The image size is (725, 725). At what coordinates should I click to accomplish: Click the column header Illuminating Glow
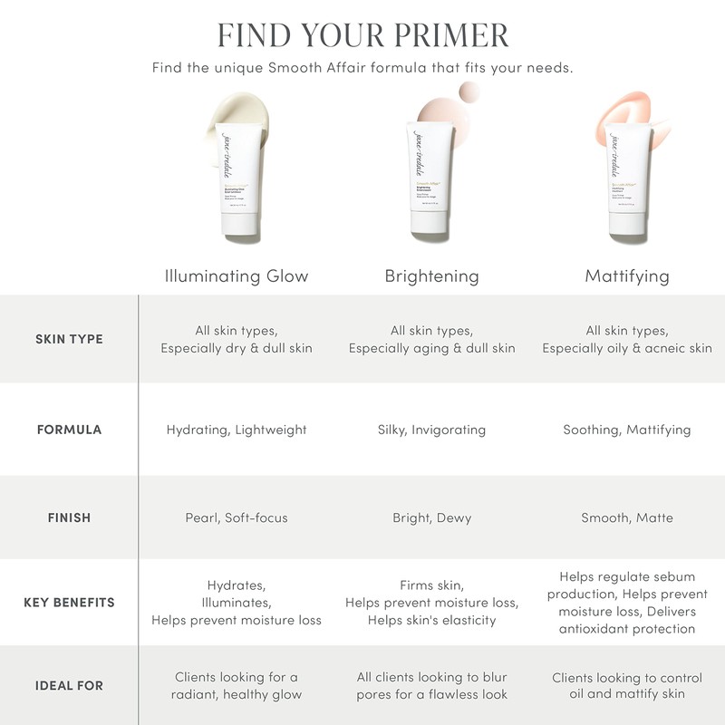(237, 275)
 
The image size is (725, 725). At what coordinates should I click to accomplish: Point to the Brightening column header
(431, 275)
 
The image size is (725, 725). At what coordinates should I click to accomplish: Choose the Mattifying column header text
(627, 275)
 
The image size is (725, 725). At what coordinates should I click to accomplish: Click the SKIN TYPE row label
(69, 339)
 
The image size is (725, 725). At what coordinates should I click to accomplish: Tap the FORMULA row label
(69, 430)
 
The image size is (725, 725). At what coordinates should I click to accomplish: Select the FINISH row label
(69, 517)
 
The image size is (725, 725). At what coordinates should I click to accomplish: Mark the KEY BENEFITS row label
(69, 603)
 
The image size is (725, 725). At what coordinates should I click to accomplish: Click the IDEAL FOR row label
(69, 685)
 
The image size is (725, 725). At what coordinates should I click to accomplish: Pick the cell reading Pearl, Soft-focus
(237, 517)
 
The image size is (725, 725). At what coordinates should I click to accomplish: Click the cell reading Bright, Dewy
(431, 517)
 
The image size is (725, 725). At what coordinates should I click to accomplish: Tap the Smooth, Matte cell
(627, 517)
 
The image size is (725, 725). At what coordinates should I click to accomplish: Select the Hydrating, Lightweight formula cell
(237, 430)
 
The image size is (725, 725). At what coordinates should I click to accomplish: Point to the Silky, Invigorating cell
(431, 430)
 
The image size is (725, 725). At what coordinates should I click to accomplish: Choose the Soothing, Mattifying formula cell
(627, 430)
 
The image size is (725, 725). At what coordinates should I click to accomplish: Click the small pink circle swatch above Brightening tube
(469, 92)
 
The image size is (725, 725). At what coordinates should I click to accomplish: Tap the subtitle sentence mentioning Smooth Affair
(362, 68)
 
